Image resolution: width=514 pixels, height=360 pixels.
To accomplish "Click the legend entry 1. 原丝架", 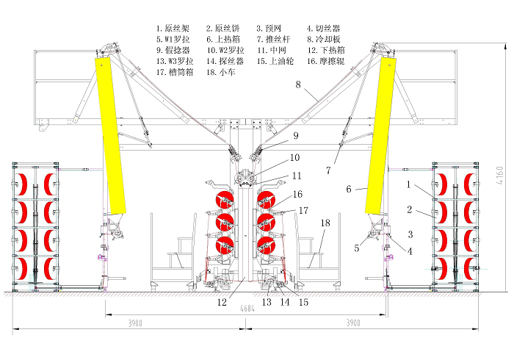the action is [173, 29].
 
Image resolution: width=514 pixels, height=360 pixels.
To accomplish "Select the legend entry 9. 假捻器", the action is [173, 50].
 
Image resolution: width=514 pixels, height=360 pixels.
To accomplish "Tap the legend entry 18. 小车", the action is [221, 72].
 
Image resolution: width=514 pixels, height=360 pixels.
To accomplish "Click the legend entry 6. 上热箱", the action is [223, 40].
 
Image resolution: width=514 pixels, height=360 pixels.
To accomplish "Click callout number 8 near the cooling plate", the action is [298, 84].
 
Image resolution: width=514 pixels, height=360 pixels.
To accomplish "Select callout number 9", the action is [296, 136].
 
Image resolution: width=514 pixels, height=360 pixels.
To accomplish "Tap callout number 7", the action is [328, 170].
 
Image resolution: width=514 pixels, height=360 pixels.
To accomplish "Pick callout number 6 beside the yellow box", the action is [349, 189].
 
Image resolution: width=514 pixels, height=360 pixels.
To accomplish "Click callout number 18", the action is [325, 223].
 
